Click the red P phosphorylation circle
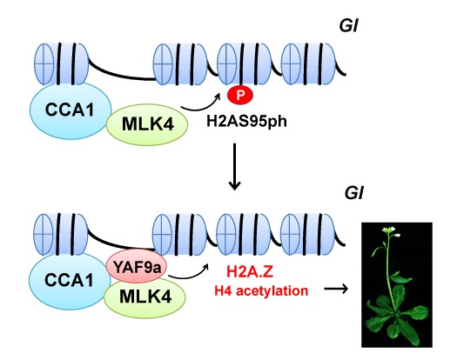pos(240,95)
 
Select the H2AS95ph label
pos(246,121)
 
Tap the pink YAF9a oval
pos(137,266)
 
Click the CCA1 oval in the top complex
pos(71,110)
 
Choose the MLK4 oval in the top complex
pos(147,124)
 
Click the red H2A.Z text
pos(250,272)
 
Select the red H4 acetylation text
pos(261,290)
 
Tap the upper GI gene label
pos(348,25)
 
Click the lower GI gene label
pos(353,193)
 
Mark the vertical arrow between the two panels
pos(234,166)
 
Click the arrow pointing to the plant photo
pos(336,289)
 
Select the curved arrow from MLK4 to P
pos(201,108)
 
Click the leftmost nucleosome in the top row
pos(61,63)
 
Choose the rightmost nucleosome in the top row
pos(308,64)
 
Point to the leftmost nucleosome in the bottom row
pos(61,234)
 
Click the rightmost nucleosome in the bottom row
pos(307,235)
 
